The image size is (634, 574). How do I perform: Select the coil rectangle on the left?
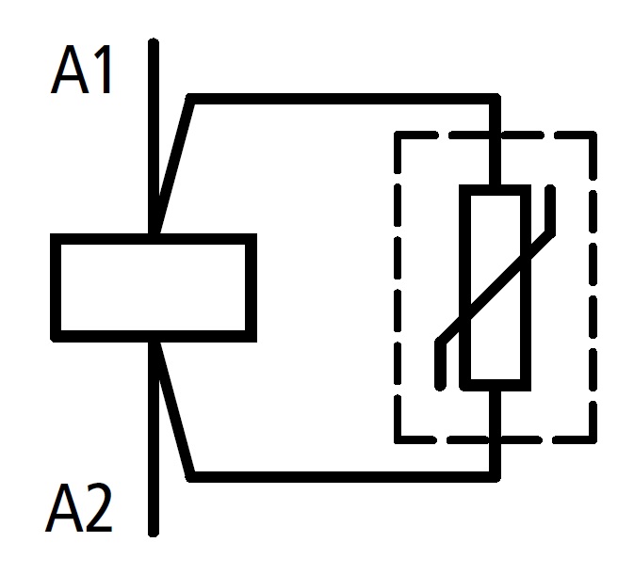click(x=154, y=286)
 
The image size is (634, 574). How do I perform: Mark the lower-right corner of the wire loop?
click(x=496, y=475)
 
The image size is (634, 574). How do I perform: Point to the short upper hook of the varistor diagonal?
click(x=549, y=207)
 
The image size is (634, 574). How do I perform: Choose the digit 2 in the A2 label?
click(x=97, y=512)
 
